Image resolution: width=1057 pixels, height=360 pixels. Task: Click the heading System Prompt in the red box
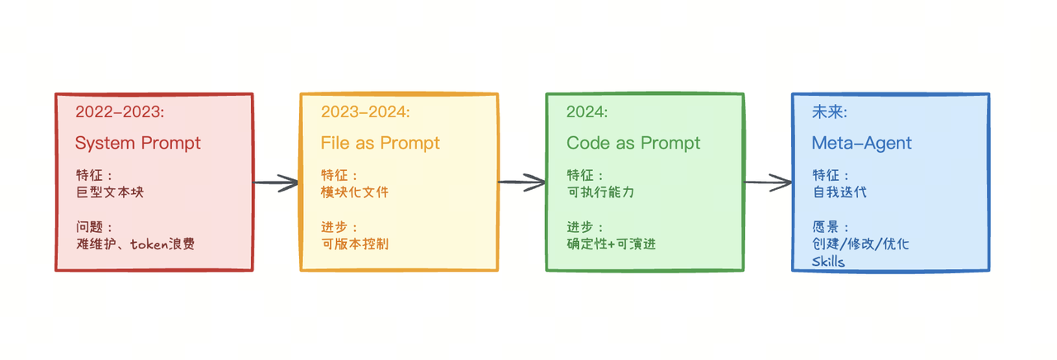click(137, 143)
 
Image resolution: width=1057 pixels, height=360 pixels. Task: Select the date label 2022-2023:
click(121, 112)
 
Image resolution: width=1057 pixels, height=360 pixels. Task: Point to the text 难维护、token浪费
click(135, 244)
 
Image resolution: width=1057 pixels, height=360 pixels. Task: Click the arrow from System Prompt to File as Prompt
click(276, 183)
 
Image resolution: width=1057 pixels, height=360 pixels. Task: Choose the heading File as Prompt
click(380, 143)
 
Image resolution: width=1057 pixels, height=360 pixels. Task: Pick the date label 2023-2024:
click(365, 112)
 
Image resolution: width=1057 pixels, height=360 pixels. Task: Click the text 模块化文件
click(354, 192)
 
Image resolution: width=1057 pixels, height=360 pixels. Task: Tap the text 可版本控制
click(354, 244)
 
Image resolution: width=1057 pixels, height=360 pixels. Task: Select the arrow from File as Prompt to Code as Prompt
click(522, 183)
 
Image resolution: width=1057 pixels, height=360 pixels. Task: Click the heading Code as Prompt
click(633, 143)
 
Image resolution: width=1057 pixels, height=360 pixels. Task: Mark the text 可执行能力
click(600, 192)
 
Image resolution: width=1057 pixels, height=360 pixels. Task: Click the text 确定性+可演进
click(611, 244)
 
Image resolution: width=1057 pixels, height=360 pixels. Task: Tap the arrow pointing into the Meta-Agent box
click(767, 182)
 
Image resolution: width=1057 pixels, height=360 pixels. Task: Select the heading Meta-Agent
click(861, 143)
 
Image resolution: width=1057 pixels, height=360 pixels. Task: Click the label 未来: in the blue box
click(830, 112)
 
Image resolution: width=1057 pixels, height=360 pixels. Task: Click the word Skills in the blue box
click(828, 262)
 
